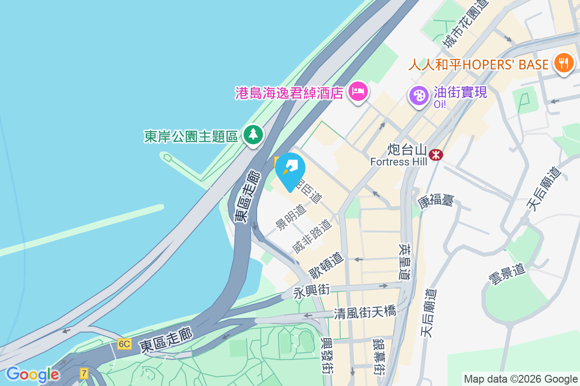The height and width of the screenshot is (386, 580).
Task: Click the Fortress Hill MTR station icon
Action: coord(436,154)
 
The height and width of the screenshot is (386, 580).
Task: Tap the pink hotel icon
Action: coord(358,92)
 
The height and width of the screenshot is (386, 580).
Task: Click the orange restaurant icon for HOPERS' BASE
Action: coord(563,64)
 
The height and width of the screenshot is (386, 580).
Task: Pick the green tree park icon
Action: coord(253,135)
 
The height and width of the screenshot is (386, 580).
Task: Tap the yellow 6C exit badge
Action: coord(124,344)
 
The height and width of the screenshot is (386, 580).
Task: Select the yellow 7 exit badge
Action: coord(85,373)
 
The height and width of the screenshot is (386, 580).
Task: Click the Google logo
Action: coord(33,374)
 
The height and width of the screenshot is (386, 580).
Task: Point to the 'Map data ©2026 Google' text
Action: coord(521,379)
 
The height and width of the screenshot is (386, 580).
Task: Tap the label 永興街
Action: coord(312,291)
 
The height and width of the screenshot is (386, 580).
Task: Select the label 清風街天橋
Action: coord(365,313)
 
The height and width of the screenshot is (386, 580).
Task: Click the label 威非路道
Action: coord(312,236)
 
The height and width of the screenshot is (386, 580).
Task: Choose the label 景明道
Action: coord(291,217)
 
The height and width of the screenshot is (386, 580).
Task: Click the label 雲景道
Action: coord(507,275)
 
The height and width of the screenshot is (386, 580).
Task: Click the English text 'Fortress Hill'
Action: coord(399,162)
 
